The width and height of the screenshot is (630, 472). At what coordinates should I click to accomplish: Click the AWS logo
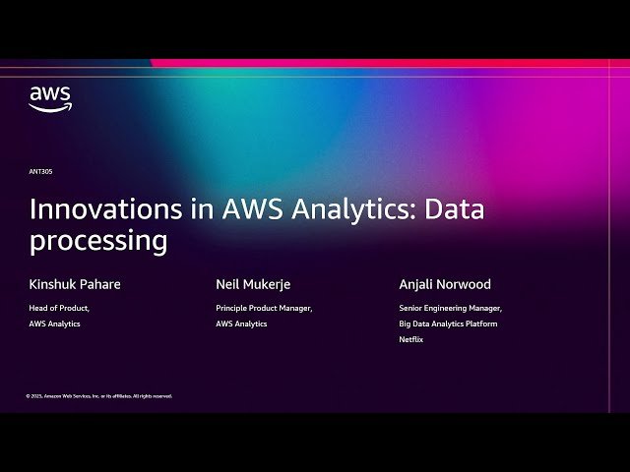point(50,99)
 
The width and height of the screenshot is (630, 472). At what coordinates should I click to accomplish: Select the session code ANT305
point(40,171)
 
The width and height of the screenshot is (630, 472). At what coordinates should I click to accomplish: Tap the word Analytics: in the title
point(355,209)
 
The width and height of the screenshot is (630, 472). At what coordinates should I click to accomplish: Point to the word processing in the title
point(98,241)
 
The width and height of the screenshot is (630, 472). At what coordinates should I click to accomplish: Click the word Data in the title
point(460,209)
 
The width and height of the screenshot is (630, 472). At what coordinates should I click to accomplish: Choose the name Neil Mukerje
point(253,284)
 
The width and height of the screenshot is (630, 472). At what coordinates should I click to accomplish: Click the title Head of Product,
point(59,308)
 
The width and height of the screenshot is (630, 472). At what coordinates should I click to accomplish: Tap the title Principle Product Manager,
point(264,308)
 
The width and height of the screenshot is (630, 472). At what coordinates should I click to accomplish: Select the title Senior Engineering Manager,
point(451,308)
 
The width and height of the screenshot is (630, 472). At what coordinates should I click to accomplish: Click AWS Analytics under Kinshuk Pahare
point(55,324)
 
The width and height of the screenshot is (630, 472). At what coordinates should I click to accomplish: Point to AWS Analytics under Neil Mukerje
point(241,324)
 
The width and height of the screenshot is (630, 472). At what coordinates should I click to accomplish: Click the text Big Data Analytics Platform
point(448,324)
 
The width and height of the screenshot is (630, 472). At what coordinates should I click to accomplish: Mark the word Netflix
point(411,339)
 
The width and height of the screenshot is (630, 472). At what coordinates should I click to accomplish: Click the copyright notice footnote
point(99,395)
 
